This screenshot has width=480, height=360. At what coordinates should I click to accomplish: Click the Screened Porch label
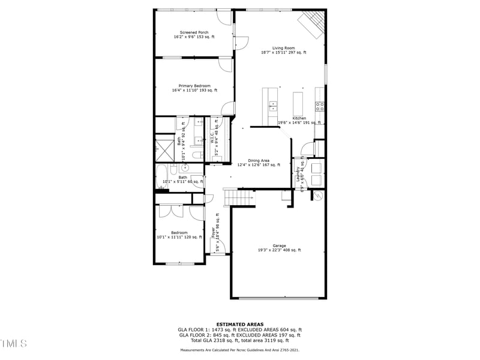(194, 35)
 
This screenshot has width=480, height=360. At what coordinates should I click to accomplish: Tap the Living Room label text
(283, 50)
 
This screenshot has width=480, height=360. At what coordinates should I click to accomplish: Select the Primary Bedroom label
(194, 88)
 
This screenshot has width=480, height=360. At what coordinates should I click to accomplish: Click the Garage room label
(279, 248)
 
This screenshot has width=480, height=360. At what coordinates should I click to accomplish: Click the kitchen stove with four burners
(320, 107)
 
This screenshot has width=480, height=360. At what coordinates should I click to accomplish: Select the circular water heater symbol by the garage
(317, 196)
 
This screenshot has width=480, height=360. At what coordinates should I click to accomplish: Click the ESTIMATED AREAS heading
(239, 324)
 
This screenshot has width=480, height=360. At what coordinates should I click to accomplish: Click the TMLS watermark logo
(14, 343)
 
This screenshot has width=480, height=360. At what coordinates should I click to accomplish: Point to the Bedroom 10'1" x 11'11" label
(179, 235)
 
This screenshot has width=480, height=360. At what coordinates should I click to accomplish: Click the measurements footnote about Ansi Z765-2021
(239, 350)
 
